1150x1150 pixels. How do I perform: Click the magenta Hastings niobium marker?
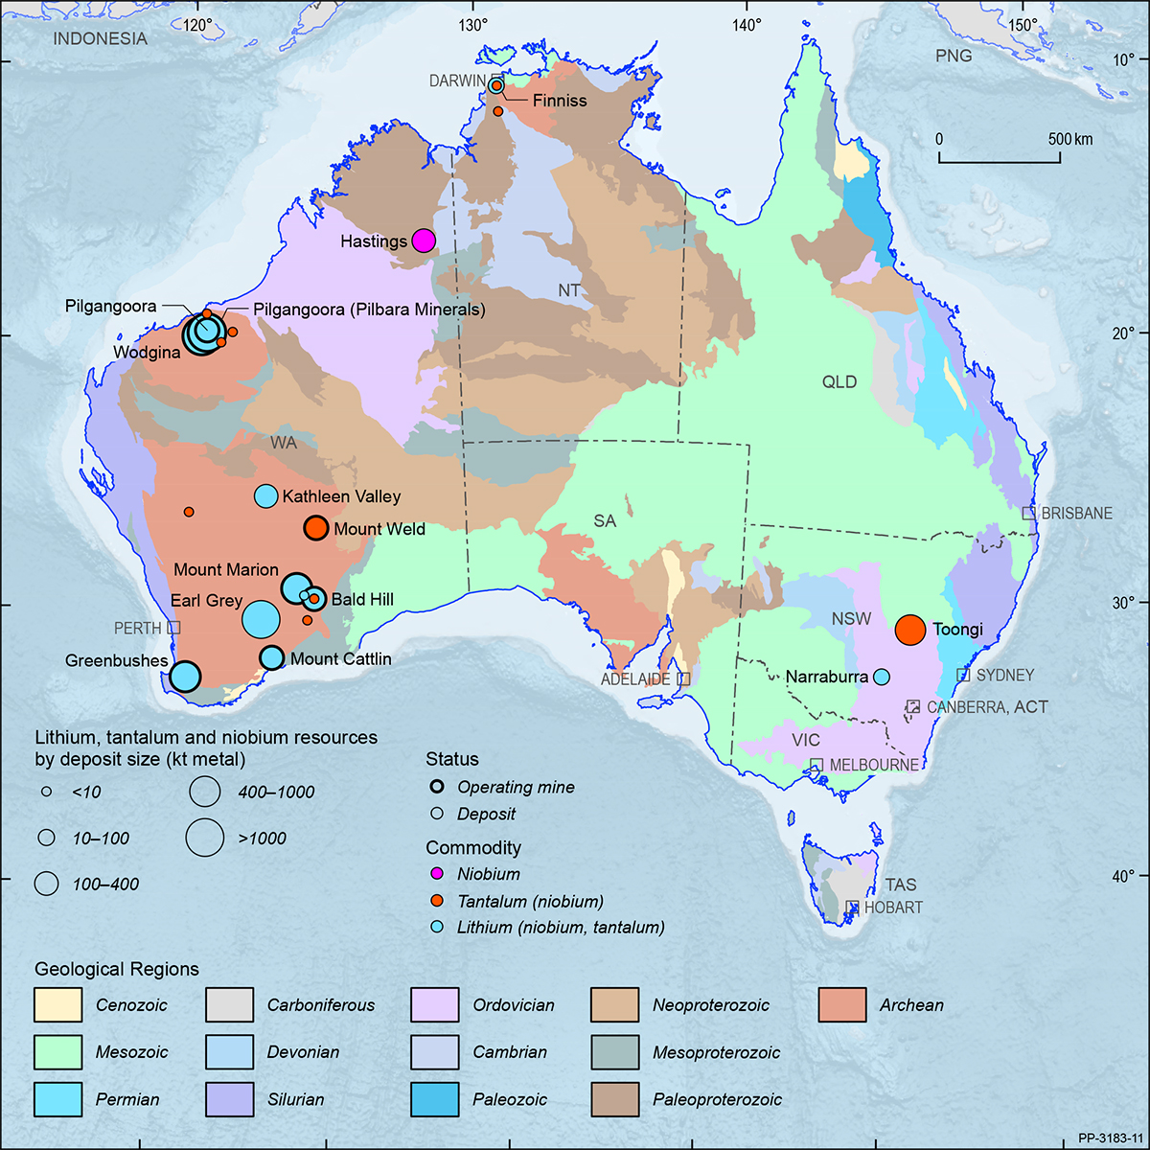tap(424, 241)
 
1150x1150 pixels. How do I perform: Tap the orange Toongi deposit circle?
tap(910, 630)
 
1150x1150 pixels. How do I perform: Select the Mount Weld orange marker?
tap(316, 528)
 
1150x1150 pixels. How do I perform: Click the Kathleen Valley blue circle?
tap(265, 496)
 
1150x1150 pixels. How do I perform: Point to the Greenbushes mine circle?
tap(185, 677)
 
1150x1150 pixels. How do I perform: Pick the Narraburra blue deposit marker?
tap(882, 677)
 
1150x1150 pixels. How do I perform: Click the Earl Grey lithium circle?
tap(260, 619)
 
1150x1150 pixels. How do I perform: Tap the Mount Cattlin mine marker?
tap(272, 657)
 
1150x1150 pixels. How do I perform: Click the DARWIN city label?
tap(457, 81)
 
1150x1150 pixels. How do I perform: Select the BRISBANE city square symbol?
tap(1028, 514)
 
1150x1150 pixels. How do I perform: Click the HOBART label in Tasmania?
tap(892, 908)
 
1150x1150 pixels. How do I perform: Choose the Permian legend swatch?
tap(57, 1099)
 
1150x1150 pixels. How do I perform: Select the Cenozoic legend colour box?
tap(57, 1005)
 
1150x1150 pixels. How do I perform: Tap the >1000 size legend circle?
tap(205, 838)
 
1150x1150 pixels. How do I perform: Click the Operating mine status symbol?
tap(437, 787)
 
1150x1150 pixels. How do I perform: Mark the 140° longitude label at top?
tap(747, 24)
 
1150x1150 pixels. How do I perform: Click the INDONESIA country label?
tap(100, 39)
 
